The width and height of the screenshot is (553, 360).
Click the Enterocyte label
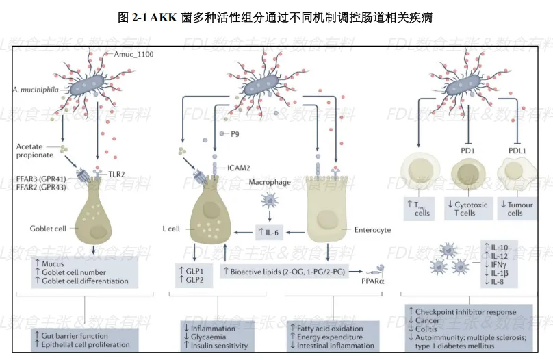(372, 230)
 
